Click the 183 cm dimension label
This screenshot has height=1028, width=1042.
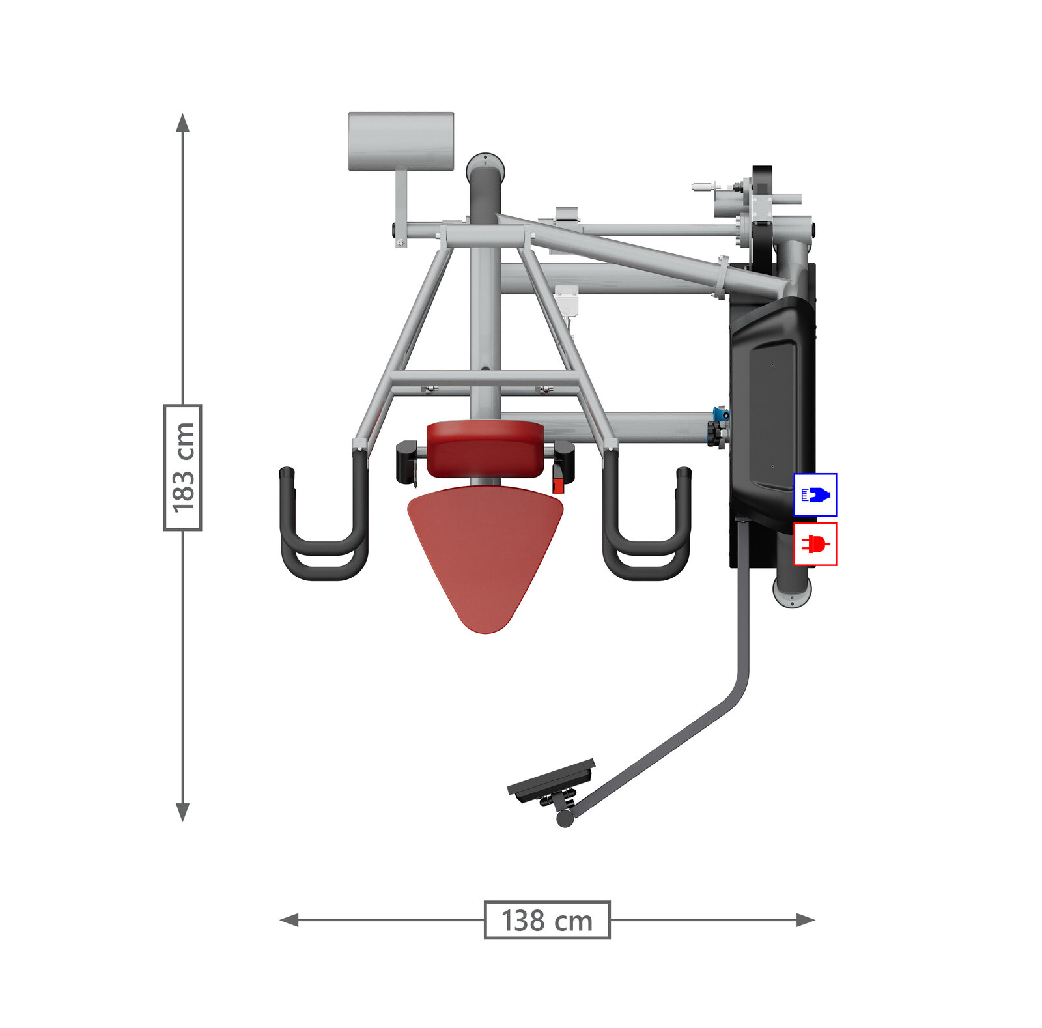coord(182,467)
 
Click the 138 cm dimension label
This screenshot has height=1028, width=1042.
coord(547,920)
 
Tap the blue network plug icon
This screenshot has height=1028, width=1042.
coord(815,495)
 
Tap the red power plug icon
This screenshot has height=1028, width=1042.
coord(815,544)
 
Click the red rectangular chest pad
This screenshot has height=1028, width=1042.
coord(485,449)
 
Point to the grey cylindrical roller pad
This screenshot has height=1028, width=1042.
coord(401,141)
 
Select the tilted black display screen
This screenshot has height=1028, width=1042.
coord(551,780)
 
